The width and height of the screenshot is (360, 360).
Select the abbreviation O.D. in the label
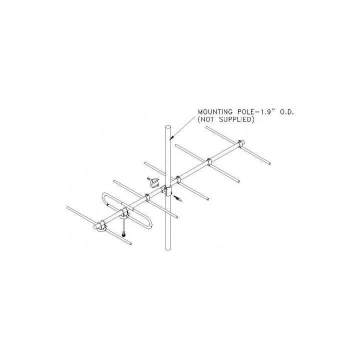coord(284,112)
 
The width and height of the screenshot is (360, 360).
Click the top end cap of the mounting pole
coord(168,127)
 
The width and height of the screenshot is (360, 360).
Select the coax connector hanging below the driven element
coord(124,234)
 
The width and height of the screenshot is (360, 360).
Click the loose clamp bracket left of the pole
coord(154,182)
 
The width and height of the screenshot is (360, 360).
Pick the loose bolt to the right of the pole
coord(178,198)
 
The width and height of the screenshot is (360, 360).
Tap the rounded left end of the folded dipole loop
coord(104,197)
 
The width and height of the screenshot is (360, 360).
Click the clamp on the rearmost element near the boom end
coord(101,225)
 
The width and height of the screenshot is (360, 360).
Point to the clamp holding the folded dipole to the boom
coord(124,212)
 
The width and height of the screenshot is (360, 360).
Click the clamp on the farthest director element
coord(240,143)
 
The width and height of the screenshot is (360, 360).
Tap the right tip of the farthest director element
coord(269,163)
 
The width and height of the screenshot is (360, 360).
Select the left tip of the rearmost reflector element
coord(68,207)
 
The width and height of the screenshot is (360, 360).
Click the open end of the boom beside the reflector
coord(95,227)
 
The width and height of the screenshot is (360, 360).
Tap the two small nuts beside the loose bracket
coord(148,178)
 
